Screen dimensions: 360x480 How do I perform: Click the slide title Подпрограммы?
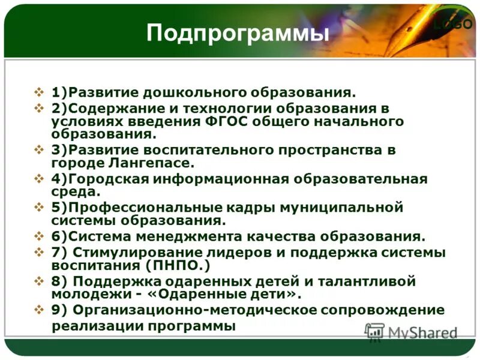click(238, 33)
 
